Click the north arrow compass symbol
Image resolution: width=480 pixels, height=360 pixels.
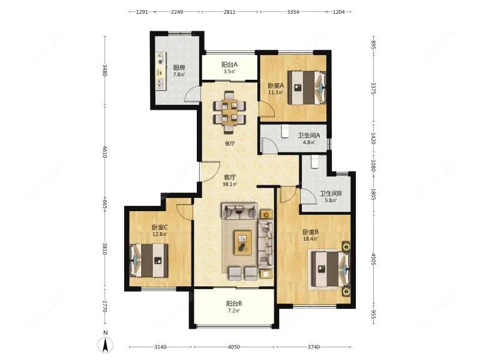[x=105, y=344]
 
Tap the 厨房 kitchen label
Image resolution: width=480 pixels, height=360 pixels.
[x=179, y=68]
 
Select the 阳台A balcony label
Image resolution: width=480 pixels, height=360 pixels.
[x=230, y=65]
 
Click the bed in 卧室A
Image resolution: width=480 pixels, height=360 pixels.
[x=307, y=88]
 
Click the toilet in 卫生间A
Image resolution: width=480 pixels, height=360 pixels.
[x=285, y=131]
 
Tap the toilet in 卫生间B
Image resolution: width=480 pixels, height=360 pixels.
[x=314, y=162]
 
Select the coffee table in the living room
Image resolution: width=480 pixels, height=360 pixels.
[x=243, y=242]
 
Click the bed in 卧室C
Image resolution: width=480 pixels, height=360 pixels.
[x=149, y=260]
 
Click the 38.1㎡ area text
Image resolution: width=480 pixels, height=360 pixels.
[x=230, y=184]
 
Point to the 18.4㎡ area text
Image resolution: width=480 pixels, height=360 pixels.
[x=310, y=239]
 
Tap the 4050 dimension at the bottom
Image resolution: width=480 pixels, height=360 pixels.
[x=234, y=347]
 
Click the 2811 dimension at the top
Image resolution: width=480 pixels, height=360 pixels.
[x=229, y=12]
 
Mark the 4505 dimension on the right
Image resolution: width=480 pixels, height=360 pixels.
[x=373, y=259]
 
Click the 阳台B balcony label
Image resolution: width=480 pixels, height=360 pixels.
[x=234, y=304]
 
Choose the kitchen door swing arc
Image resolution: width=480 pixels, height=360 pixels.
[x=191, y=95]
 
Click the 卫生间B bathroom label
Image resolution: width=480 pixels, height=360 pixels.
[x=331, y=193]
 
